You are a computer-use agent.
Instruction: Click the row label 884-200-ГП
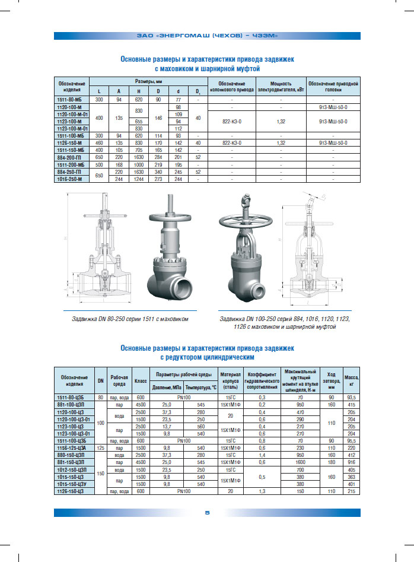pos(71,157)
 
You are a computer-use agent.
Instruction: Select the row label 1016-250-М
pos(71,178)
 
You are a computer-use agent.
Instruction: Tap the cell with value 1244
pos(138,178)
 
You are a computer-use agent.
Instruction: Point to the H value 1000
pos(138,164)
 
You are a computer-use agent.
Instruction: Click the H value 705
pos(138,150)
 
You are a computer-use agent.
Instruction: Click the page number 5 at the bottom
pos(207,513)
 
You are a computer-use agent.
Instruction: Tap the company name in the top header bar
pos(207,36)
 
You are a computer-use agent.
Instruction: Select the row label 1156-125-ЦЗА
pos(73,447)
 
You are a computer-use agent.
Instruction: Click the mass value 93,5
pos(351,396)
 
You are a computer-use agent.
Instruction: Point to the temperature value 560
pos(200,426)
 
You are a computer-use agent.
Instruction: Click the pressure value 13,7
pos(167,426)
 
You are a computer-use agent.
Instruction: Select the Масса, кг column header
pos(351,380)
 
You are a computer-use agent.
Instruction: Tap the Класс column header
pos(141,380)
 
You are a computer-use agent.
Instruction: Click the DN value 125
pos(101,447)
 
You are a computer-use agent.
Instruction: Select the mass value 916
pos(351,461)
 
